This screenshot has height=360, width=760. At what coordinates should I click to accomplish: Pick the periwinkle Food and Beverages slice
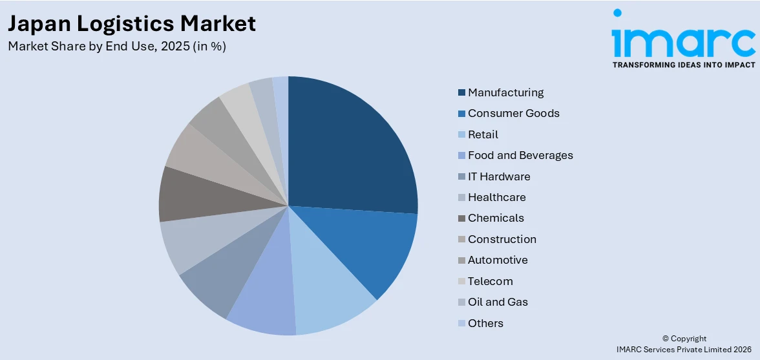pos(265,297)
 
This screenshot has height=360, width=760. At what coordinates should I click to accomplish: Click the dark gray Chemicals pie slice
pos(194,194)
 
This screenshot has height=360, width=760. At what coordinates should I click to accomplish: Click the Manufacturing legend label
pos(505,92)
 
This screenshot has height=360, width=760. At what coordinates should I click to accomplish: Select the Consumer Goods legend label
pos(513,113)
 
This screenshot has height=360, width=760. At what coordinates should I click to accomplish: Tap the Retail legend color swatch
pos(461,134)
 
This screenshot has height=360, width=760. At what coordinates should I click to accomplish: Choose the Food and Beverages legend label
pos(520,155)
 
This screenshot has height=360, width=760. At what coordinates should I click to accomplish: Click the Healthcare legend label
pos(496,197)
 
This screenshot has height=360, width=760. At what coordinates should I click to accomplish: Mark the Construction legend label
pos(501,239)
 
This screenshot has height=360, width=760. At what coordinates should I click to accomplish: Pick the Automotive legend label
pos(498,260)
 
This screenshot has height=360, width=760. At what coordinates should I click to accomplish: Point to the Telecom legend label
pos(490,281)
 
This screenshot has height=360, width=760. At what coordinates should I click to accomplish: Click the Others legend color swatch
pos(461,323)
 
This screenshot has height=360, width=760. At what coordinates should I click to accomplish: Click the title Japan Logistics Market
pos(132,23)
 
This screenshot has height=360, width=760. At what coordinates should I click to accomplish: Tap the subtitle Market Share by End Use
pos(117,47)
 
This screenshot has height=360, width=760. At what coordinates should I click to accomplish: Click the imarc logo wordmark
pos(683,39)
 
